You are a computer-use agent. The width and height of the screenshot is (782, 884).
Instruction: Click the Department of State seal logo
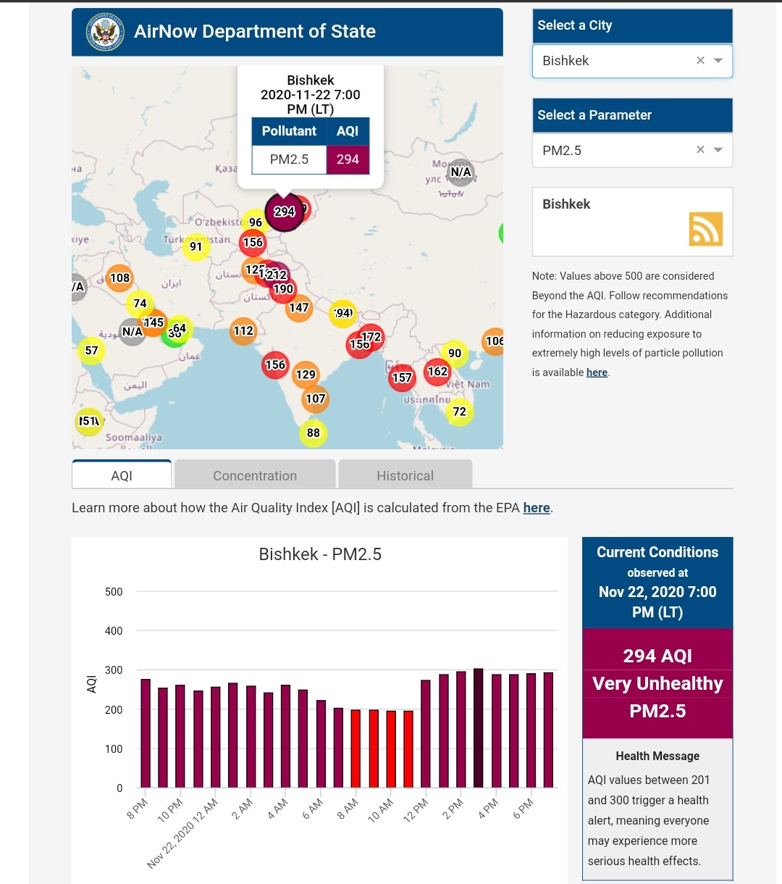[x=105, y=32]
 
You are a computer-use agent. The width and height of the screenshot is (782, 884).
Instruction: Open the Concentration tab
[x=255, y=475]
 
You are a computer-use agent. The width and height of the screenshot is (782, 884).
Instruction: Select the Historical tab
[x=405, y=475]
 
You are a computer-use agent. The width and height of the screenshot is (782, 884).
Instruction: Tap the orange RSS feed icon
[x=705, y=229]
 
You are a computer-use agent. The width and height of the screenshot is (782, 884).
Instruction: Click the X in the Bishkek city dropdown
[x=700, y=61]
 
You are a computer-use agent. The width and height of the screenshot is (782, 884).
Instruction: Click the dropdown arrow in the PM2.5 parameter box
[x=718, y=150]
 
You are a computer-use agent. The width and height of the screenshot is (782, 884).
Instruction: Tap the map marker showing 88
[x=313, y=433]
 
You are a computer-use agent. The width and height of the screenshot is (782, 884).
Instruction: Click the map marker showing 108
[x=119, y=278]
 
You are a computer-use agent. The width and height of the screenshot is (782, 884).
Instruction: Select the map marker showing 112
[x=243, y=331]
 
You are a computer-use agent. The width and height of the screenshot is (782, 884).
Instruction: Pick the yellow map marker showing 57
[x=91, y=351]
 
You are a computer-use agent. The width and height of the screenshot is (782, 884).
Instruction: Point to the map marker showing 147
[x=299, y=308]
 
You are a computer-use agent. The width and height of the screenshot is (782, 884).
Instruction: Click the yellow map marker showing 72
[x=460, y=412]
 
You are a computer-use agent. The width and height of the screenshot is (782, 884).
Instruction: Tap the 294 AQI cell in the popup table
[x=348, y=159]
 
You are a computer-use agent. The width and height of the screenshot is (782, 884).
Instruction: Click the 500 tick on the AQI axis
[x=114, y=592]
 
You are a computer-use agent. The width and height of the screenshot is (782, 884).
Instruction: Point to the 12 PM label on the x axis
[x=416, y=810]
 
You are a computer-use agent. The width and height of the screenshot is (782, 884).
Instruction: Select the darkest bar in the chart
[x=478, y=727]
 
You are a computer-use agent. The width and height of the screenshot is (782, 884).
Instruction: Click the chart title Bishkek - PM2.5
[x=320, y=554]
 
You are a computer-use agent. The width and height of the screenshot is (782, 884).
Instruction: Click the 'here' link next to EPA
[x=536, y=508]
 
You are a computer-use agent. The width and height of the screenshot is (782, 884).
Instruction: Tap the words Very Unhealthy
[x=657, y=683]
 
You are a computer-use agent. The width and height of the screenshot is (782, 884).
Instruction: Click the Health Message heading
[x=657, y=756]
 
